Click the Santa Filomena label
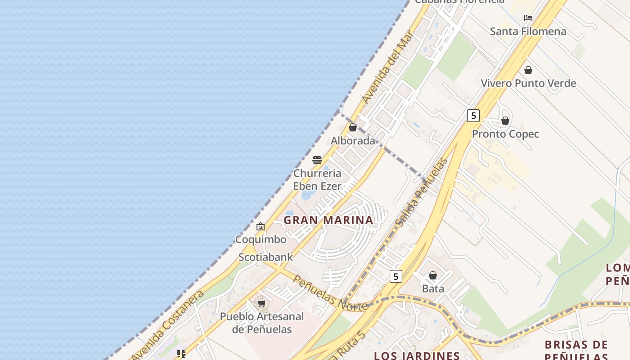(x=528, y=31)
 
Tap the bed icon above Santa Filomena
(x=528, y=18)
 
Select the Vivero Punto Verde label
(x=528, y=83)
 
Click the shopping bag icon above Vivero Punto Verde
(x=528, y=70)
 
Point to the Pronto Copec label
(x=505, y=134)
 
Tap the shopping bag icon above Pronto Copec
(x=505, y=121)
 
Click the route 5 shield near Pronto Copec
(x=473, y=116)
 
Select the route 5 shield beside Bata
(x=396, y=276)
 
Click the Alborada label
(x=353, y=141)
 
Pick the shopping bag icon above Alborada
(x=353, y=127)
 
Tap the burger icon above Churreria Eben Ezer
(x=317, y=160)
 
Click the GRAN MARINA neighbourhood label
(x=328, y=220)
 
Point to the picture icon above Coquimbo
(x=261, y=226)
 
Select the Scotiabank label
(x=265, y=257)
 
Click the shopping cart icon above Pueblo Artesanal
(x=261, y=304)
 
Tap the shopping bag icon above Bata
(x=433, y=275)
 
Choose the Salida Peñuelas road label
(x=422, y=192)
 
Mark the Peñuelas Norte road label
(x=330, y=293)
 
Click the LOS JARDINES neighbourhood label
(x=417, y=355)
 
